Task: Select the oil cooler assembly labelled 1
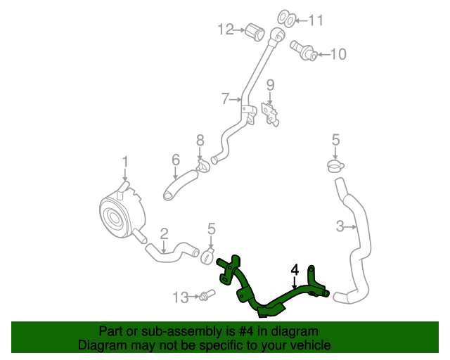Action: pos(118,212)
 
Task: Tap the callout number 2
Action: pos(164,233)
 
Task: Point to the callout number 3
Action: pos(340,226)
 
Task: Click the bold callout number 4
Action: pos(295,269)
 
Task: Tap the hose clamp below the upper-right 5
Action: pos(335,166)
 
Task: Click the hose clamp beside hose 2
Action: pos(208,255)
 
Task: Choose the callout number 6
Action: pos(176,161)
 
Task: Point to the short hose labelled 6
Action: pos(181,185)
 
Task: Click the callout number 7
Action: pos(225,99)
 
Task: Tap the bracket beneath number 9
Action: pos(269,115)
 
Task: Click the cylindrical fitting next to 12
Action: pos(254,31)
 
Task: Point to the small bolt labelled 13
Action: pos(206,296)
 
